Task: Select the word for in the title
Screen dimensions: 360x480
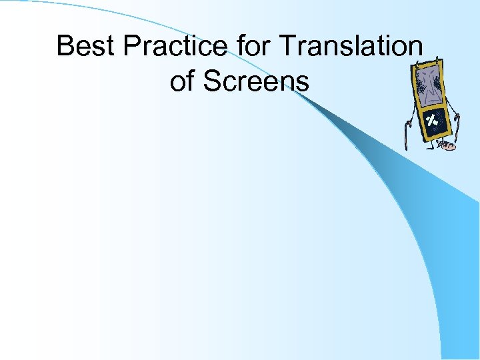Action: coord(253,47)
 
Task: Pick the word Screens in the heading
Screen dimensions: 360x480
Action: coord(256,81)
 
